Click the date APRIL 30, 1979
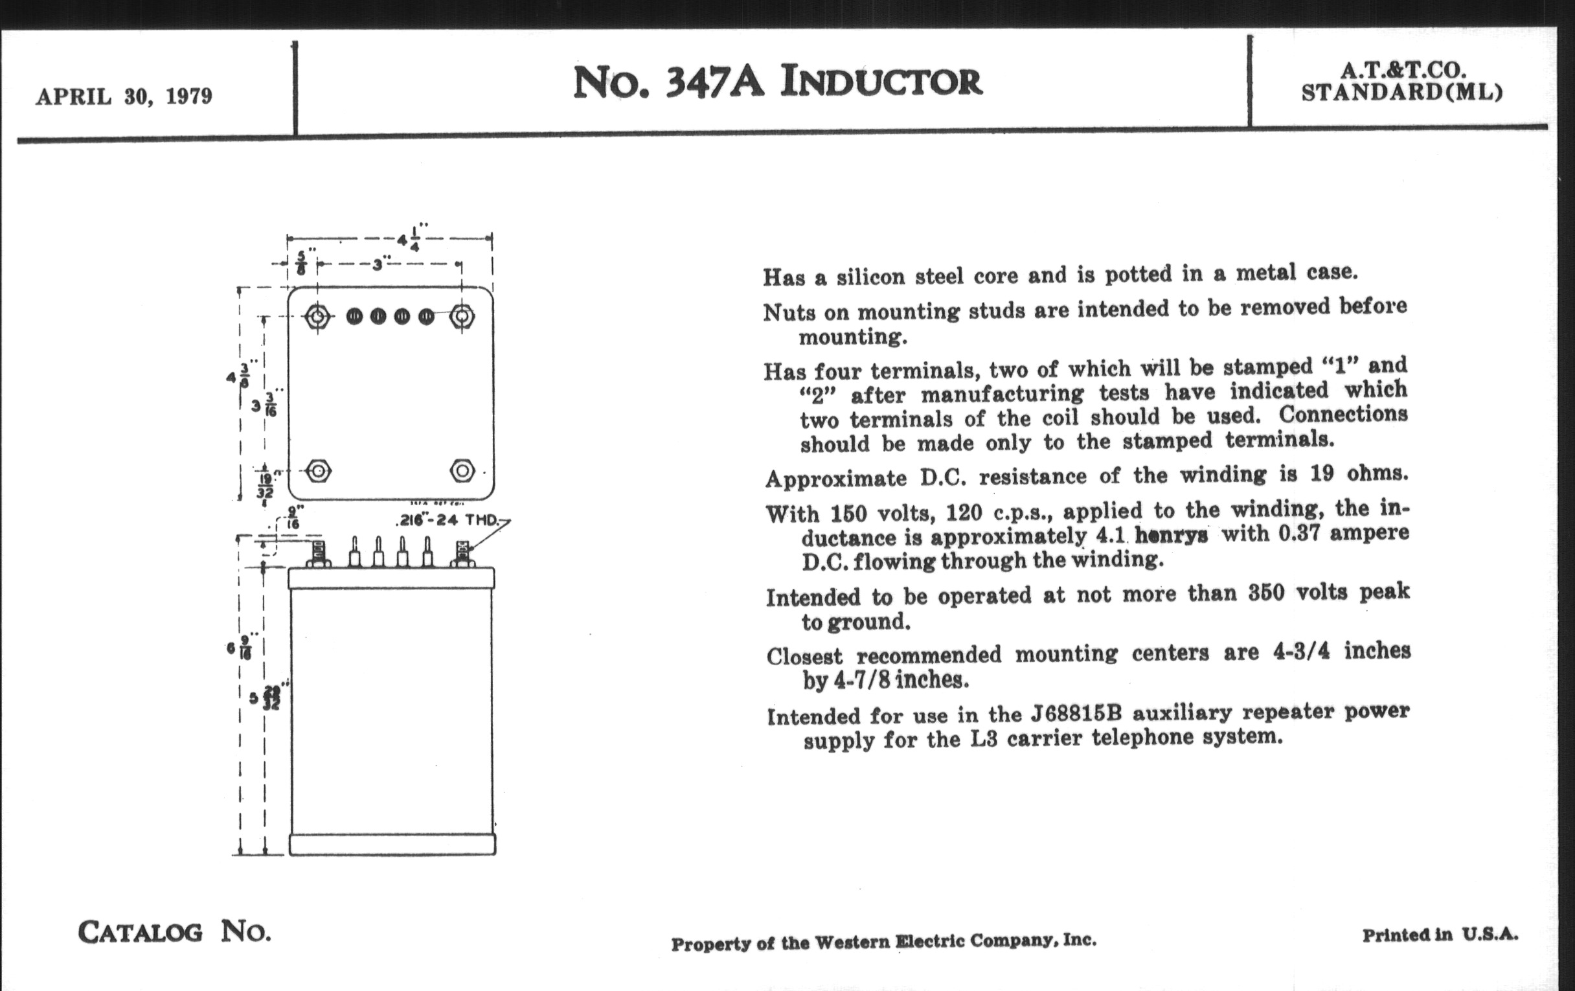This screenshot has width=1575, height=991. click(124, 97)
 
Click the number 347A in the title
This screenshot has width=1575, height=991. click(714, 83)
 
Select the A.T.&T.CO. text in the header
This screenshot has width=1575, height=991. click(1402, 71)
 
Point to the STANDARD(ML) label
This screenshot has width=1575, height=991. click(1402, 93)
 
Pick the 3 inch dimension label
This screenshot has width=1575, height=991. click(378, 265)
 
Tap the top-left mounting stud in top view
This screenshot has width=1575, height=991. click(317, 317)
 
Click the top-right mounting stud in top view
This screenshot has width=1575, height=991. click(462, 317)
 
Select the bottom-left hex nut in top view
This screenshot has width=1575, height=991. click(319, 471)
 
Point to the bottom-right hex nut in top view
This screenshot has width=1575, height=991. click(462, 470)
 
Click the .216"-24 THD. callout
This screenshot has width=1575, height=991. click(448, 521)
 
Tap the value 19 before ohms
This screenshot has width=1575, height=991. click(1322, 473)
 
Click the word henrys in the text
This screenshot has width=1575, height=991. click(1171, 536)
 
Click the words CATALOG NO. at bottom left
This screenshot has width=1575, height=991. click(174, 931)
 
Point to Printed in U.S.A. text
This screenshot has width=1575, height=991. click(1440, 935)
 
